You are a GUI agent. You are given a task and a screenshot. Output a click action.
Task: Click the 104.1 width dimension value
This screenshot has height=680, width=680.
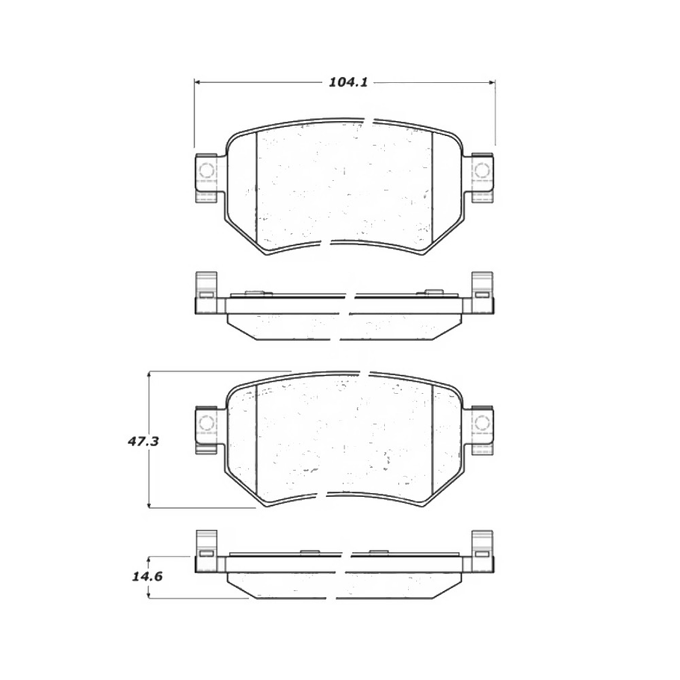point(347,83)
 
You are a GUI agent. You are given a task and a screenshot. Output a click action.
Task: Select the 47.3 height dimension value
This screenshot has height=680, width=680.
point(142,442)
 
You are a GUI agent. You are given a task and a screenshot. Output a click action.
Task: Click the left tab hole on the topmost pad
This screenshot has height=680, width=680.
point(206,171)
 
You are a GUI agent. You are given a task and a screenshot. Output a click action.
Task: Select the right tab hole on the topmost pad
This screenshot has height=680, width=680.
point(482,171)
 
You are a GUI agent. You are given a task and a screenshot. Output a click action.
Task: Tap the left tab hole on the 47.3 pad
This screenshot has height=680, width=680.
point(206,424)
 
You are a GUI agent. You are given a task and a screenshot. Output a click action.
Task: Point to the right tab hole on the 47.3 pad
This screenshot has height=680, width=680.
point(482,424)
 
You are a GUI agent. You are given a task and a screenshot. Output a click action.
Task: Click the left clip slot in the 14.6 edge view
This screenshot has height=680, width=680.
point(205,554)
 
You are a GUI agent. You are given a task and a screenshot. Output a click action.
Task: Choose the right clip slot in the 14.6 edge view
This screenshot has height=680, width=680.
point(482,554)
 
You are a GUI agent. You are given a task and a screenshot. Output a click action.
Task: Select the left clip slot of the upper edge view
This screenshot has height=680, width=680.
point(205,296)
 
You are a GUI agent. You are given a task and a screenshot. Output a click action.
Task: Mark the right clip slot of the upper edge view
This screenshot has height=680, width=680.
point(482,296)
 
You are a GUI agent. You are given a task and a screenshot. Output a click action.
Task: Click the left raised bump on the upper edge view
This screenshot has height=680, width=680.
point(253,291)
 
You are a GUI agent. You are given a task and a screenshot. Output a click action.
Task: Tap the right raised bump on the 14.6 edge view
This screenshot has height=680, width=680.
point(378,551)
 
